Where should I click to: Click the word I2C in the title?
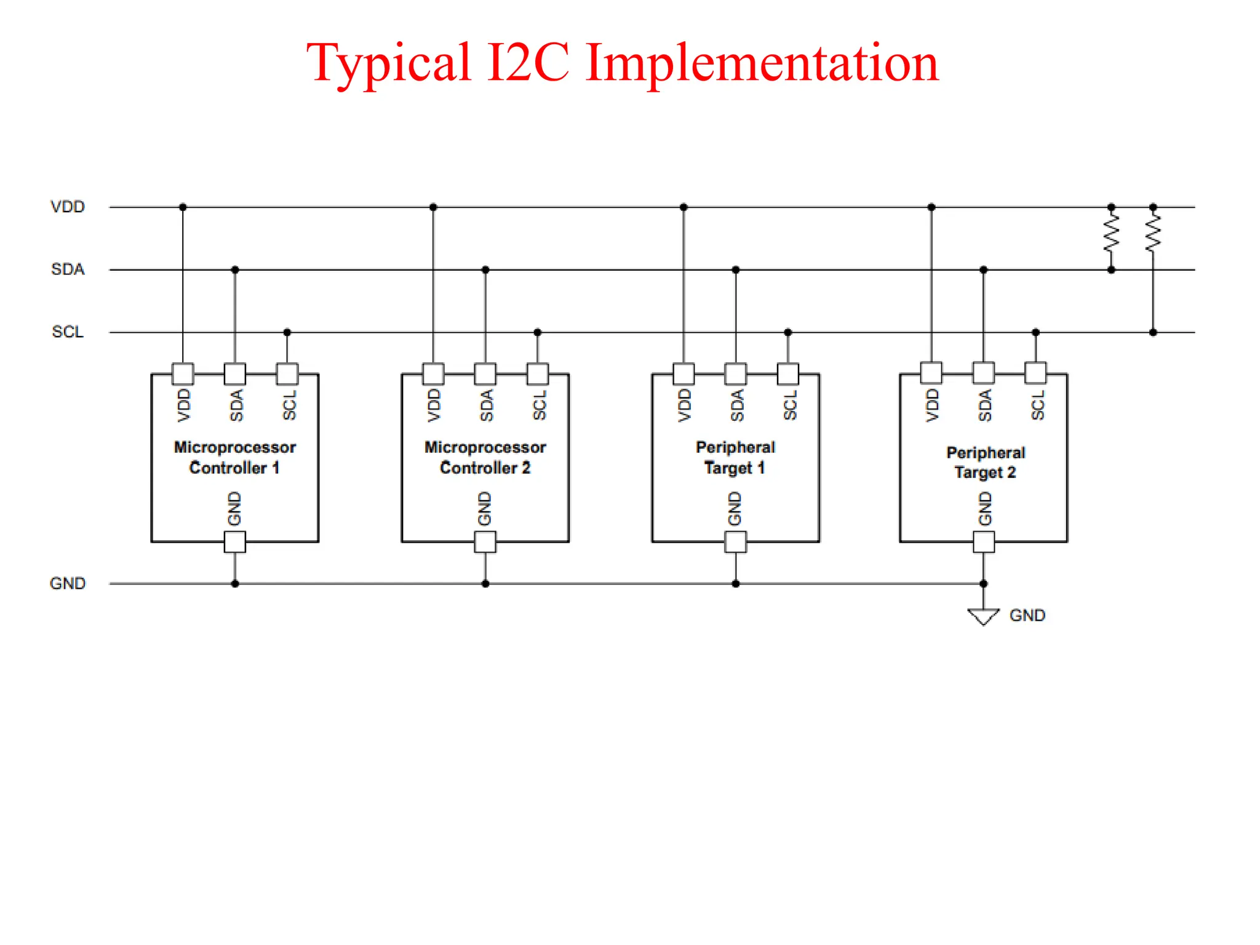click(528, 63)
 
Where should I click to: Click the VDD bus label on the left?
click(68, 207)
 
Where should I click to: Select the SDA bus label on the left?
click(68, 269)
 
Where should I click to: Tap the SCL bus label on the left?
click(68, 332)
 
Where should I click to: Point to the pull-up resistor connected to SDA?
click(1111, 234)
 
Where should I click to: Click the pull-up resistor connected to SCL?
click(1153, 234)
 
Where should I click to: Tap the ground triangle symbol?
click(983, 616)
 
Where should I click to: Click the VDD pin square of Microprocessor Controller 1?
click(183, 373)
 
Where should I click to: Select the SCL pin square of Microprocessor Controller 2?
click(537, 373)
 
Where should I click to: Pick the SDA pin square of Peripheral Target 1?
click(736, 373)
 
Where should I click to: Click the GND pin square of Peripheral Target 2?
click(984, 542)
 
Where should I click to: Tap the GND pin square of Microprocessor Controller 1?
click(235, 542)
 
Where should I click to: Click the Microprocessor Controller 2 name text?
click(485, 458)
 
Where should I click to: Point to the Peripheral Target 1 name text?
click(735, 458)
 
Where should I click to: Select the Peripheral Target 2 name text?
click(986, 463)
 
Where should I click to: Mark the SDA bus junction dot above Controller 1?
click(235, 269)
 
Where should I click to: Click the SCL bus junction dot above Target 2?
click(1035, 332)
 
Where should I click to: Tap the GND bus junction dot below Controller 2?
click(485, 583)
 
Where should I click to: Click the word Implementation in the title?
click(762, 63)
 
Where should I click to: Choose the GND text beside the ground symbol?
click(1027, 615)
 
